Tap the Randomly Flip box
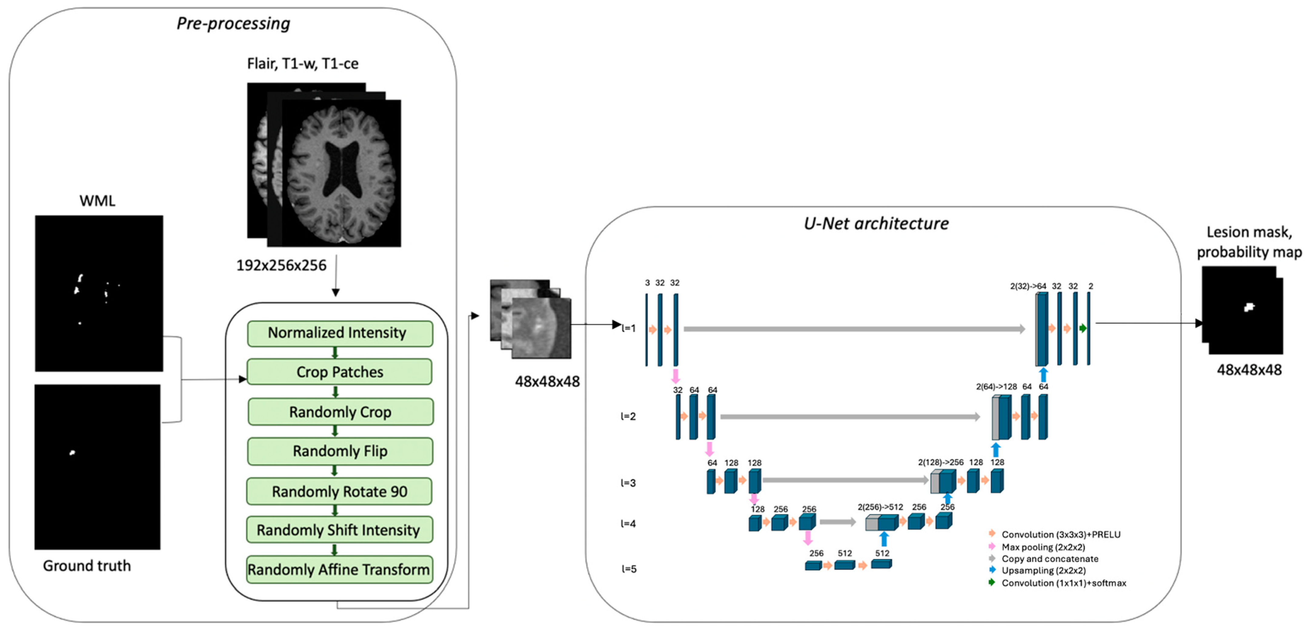click(340, 451)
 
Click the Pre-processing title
click(233, 23)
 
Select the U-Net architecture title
click(876, 224)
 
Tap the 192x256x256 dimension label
click(281, 265)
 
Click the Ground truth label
click(87, 565)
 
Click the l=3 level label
click(629, 482)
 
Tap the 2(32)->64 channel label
click(1028, 286)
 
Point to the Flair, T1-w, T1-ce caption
click(303, 64)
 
